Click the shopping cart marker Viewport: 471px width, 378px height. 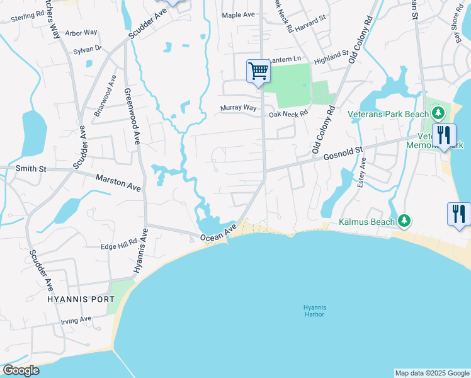[258, 71]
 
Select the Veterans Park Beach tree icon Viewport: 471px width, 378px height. [439, 114]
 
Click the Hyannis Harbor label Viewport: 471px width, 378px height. [313, 311]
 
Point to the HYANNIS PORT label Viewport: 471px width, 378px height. [81, 299]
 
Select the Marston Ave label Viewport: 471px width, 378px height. [118, 183]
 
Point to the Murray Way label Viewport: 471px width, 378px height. [239, 108]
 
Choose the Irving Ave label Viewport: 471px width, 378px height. [76, 320]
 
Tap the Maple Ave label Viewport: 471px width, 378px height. [237, 14]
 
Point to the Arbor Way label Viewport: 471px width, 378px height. [81, 32]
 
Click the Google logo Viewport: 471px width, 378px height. [21, 370]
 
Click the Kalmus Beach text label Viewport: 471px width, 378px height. [367, 222]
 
